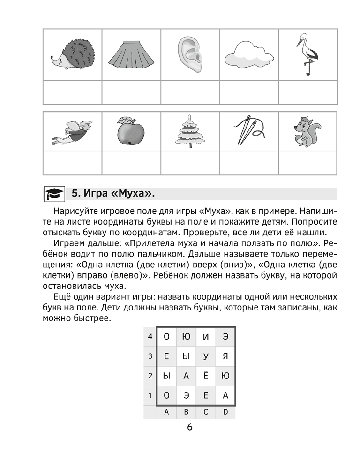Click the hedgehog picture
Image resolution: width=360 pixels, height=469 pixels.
click(x=72, y=54)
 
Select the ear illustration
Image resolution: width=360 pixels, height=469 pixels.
click(x=189, y=54)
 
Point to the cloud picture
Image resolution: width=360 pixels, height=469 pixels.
click(x=248, y=55)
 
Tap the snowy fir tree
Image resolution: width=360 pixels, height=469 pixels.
click(x=189, y=132)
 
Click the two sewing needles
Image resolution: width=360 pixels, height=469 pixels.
click(x=248, y=131)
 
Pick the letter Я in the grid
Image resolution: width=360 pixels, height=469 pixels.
click(x=225, y=356)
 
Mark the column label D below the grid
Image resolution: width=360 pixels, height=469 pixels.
click(x=225, y=412)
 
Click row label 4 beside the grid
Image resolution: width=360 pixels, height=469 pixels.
click(x=150, y=336)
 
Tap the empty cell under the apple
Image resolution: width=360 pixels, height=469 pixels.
click(x=131, y=163)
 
